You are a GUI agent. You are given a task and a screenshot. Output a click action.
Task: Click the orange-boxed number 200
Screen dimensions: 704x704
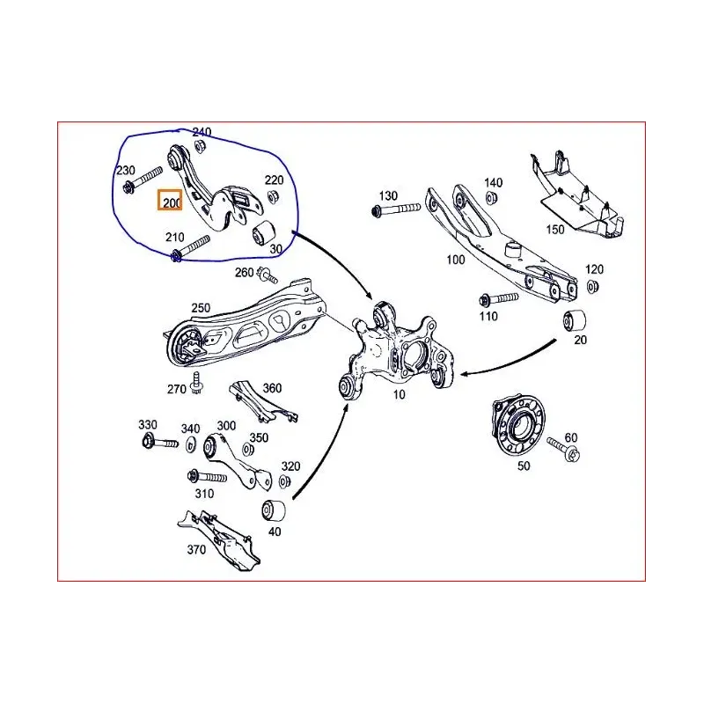pos(170,202)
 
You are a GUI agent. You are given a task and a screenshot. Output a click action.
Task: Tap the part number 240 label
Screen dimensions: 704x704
pos(201,133)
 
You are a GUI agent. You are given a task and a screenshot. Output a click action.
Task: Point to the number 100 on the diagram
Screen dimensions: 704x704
pos(455,260)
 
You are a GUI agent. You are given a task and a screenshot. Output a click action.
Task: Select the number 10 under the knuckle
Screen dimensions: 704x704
pos(399,394)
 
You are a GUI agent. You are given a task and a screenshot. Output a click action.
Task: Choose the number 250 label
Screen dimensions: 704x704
pos(201,307)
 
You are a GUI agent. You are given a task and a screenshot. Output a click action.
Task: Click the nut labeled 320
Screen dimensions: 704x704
pos(284,481)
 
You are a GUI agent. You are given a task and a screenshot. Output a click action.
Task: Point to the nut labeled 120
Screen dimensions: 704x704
pos(592,286)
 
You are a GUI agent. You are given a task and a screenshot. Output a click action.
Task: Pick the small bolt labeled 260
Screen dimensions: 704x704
pos(267,276)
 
